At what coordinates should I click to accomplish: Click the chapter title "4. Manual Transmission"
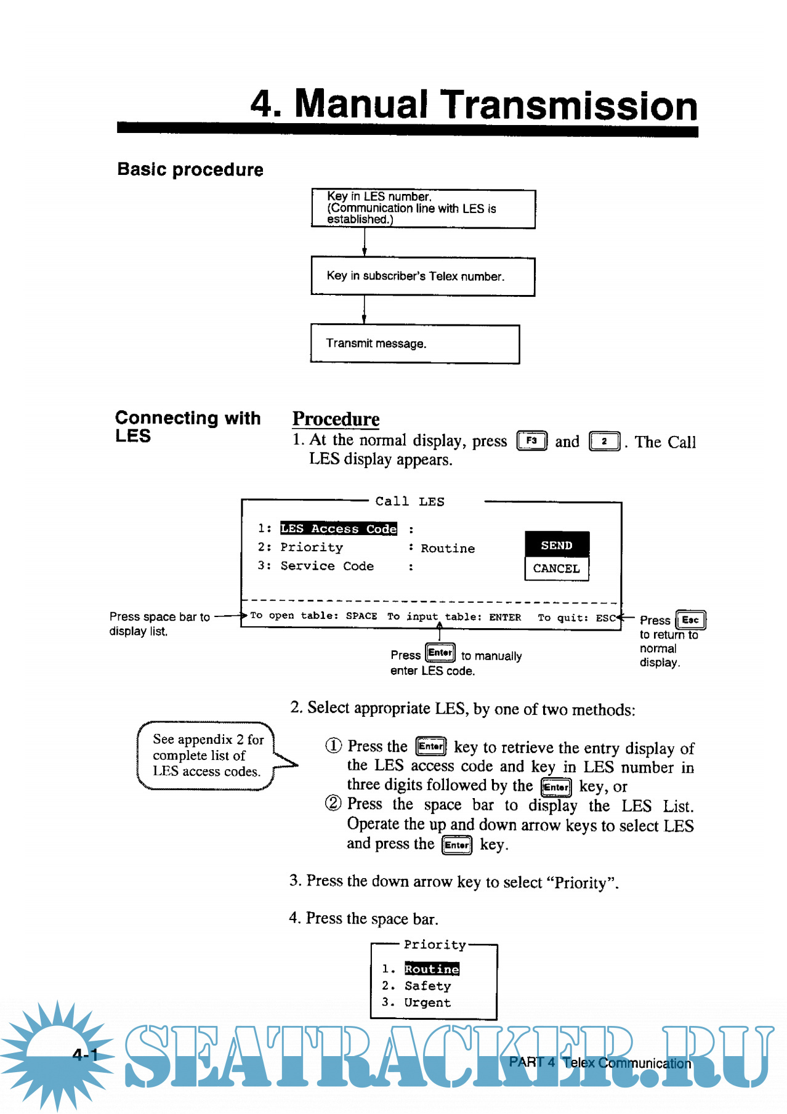coord(474,105)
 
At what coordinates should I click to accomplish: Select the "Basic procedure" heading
coord(190,169)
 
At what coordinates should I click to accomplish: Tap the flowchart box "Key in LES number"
coord(423,209)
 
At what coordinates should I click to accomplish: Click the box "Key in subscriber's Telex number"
coord(423,276)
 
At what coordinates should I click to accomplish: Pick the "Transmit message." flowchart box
coord(414,344)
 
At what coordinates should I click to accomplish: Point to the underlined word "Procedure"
coord(336,419)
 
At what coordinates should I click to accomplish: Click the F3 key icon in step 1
coord(531,441)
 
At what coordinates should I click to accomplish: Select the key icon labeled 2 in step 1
coord(604,442)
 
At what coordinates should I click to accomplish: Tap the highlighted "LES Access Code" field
coord(338,528)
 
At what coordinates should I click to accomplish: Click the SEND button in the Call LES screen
coord(557,545)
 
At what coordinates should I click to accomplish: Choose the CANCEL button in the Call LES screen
coord(557,568)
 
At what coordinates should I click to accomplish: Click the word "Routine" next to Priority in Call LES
coord(448,548)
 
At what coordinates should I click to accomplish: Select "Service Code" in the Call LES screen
coord(327,566)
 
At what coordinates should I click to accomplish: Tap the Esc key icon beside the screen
coord(690,620)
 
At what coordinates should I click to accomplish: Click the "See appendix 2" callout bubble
coord(207,755)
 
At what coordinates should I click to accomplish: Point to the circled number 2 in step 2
coord(333,803)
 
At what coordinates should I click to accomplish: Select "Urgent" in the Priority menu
coord(427,1003)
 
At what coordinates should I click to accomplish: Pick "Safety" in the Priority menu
coord(427,986)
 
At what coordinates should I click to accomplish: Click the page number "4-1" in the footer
coord(85,1055)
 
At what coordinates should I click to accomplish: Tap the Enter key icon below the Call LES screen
coord(440,653)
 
